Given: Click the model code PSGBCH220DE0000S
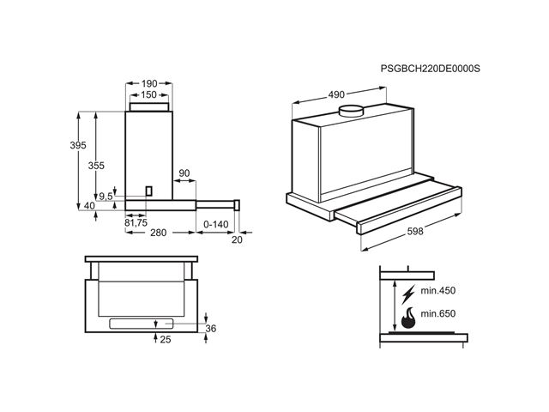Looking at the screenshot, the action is (431, 69).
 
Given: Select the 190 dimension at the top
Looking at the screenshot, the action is (149, 84).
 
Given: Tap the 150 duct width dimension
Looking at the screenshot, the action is (148, 94).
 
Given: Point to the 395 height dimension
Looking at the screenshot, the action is (78, 145).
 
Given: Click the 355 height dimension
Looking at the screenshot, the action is (96, 166).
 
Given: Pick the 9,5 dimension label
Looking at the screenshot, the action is (106, 197).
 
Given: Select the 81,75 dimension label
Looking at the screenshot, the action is (136, 222).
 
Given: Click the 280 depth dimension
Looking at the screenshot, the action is (158, 233).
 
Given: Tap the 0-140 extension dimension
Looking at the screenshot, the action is (216, 224).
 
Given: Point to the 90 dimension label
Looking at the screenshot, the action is (184, 173).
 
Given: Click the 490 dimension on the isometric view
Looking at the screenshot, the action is (336, 94).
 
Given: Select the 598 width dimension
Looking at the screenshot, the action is (415, 231).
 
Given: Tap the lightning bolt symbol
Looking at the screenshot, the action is (408, 294).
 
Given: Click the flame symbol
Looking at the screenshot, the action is (408, 318).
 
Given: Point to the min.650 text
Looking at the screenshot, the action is (438, 313).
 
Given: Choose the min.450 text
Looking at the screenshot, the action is (438, 290).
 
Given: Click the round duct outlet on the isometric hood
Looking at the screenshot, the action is (351, 111).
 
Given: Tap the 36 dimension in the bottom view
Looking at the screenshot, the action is (211, 329).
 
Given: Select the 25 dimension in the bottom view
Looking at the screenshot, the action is (166, 339).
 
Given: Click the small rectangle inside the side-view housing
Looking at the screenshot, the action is (149, 191).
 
